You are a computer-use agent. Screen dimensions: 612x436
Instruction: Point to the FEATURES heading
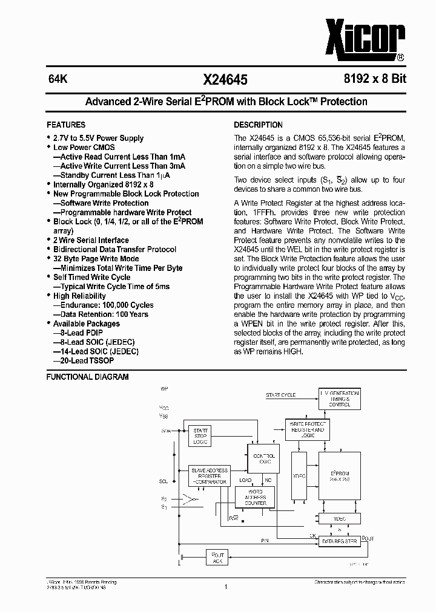coord(66,125)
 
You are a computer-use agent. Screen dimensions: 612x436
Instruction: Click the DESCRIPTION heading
coord(258,125)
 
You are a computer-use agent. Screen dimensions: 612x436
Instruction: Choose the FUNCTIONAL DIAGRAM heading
coord(88,377)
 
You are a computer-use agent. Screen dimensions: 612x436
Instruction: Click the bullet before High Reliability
coord(49,296)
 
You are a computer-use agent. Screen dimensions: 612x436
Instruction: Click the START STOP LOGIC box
coord(200,435)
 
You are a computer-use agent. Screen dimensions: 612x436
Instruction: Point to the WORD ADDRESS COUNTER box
coord(255,498)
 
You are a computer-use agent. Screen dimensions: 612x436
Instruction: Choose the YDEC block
coord(339,518)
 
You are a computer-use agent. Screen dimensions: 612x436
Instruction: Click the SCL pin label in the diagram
coord(163,481)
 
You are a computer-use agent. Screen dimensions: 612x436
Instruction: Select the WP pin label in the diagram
coord(164,388)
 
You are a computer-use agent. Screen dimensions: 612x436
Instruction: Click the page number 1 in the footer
coord(225,585)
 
